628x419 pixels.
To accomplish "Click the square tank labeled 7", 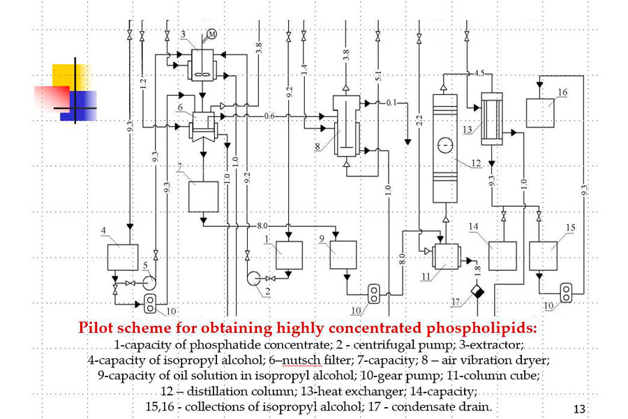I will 204,196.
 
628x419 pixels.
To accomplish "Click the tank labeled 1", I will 289,255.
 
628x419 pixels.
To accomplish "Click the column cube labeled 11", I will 444,256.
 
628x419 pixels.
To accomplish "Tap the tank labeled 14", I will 502,256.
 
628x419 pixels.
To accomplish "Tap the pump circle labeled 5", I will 148,283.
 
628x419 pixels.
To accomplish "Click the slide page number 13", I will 578,408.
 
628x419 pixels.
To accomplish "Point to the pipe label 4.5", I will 479,74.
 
